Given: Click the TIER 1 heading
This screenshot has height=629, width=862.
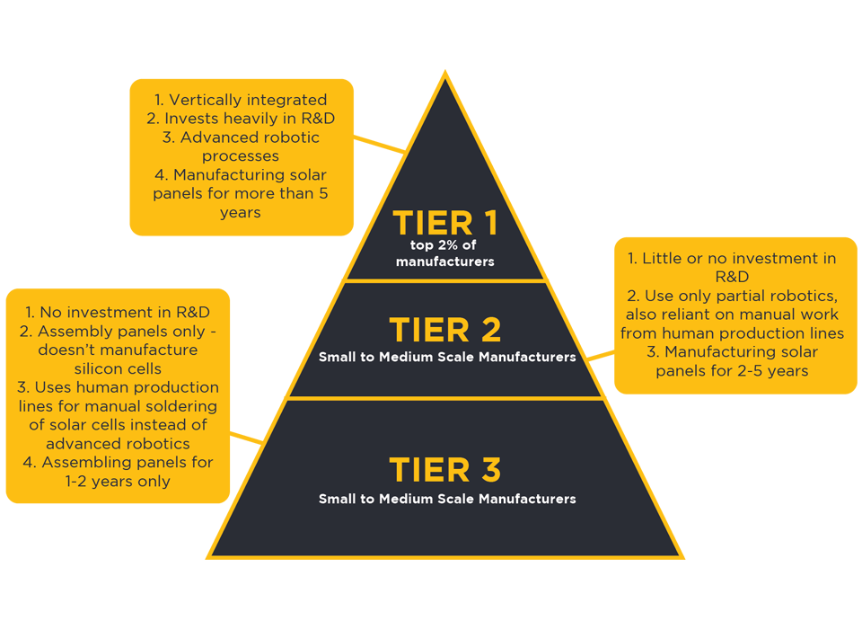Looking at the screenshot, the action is click(x=445, y=223).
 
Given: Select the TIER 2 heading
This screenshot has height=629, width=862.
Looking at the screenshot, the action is click(x=445, y=330).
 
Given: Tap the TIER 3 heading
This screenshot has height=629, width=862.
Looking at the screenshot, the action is click(x=445, y=470).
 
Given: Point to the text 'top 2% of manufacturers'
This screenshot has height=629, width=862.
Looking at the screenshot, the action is click(x=444, y=253).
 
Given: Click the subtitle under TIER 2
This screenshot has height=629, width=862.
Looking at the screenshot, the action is click(x=447, y=357).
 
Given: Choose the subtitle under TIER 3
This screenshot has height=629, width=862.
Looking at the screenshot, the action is click(x=447, y=499).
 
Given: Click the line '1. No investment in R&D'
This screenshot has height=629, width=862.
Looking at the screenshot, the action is click(x=118, y=312).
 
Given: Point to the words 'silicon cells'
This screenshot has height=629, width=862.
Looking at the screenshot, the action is click(x=118, y=368).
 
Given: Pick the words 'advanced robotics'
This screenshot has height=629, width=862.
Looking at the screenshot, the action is click(x=118, y=444).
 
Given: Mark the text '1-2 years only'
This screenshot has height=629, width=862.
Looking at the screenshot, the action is click(x=118, y=481).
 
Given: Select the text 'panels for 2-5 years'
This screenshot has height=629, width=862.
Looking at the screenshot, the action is click(x=732, y=371).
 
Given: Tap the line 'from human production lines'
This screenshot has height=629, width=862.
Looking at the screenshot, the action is click(x=732, y=333).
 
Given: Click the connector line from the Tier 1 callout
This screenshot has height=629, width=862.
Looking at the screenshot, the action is click(x=379, y=144).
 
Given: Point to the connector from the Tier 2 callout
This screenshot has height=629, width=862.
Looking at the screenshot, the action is click(x=601, y=356).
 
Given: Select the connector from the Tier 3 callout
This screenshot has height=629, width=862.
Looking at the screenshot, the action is click(x=246, y=438).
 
